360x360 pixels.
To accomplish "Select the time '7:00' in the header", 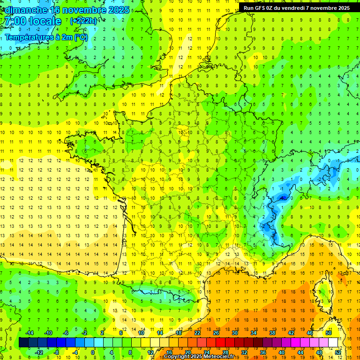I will pos(15,21).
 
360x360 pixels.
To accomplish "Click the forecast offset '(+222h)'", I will pos(83,21).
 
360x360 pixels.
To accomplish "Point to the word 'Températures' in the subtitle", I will pos(29,37).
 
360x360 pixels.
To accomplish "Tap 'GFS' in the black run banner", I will pos(262,8).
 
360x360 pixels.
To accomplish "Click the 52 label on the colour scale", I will pos(338,352).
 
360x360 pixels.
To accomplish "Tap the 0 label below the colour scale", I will pos(93,352).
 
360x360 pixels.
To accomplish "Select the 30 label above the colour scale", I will pos(235,333).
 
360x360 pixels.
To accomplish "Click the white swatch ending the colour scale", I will pos(333,343).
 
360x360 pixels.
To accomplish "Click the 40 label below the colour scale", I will pos(282,352).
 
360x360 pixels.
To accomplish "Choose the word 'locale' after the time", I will pos(45,21).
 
